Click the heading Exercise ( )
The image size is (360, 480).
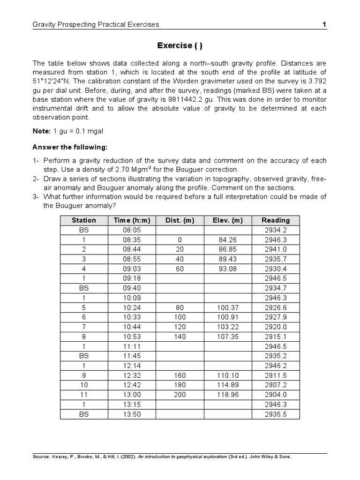click(180, 45)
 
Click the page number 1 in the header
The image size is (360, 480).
click(324, 24)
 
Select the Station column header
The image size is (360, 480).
click(83, 220)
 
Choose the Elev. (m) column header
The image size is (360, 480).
click(228, 220)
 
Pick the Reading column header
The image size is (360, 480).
click(276, 220)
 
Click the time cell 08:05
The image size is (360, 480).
click(132, 230)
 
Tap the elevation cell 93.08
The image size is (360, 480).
click(228, 269)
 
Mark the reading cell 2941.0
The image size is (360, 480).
click(276, 249)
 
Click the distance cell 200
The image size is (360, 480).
click(180, 395)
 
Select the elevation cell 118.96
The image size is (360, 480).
click(228, 395)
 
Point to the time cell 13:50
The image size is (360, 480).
click(132, 414)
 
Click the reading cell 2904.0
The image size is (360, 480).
click(276, 395)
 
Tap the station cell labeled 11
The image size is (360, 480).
click(83, 395)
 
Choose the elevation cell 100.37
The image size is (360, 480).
click(228, 307)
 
